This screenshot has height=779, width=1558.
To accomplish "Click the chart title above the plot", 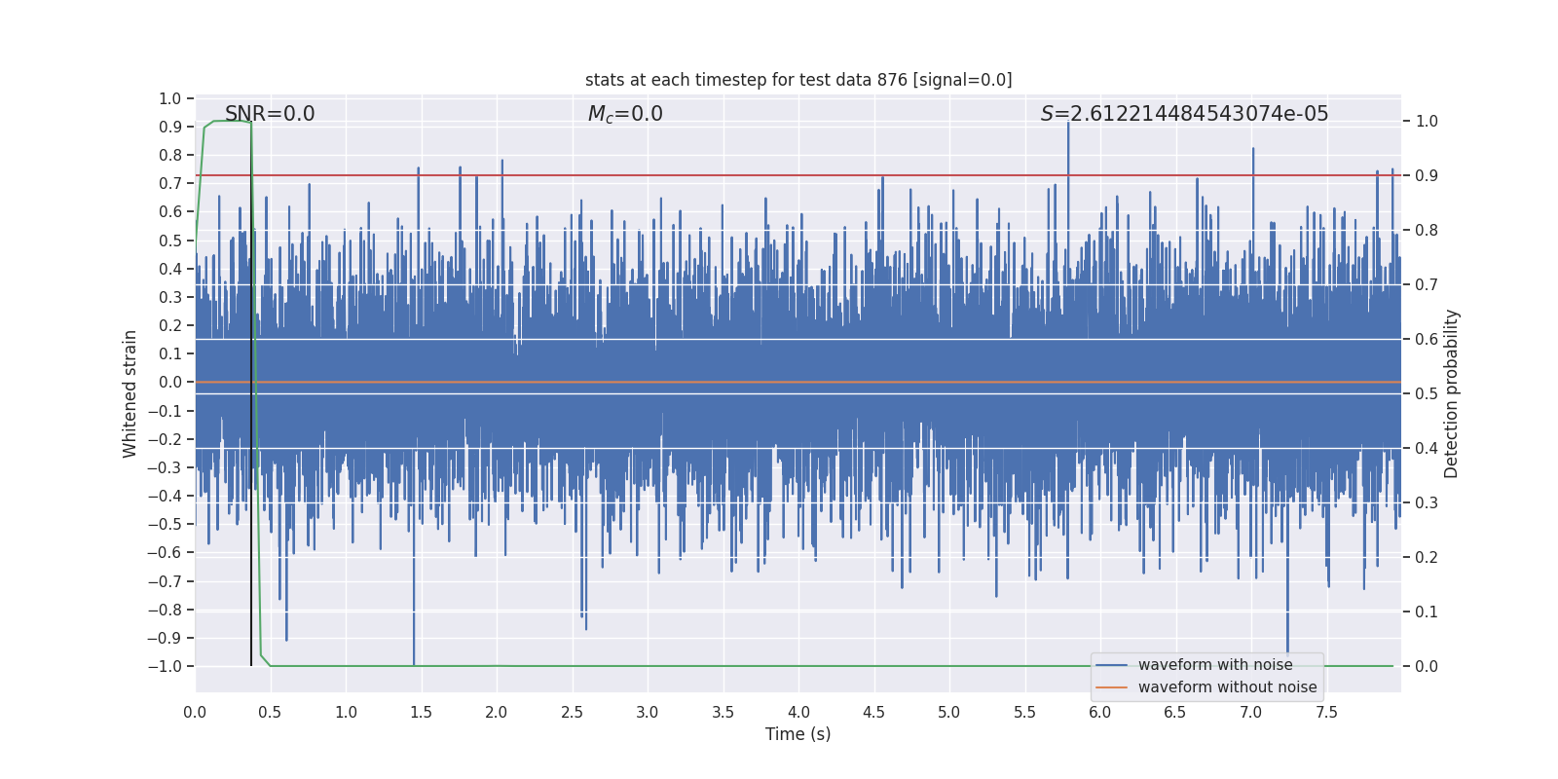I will [798, 80].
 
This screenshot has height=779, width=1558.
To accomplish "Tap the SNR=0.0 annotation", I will [270, 114].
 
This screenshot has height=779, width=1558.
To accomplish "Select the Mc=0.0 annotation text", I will [625, 114].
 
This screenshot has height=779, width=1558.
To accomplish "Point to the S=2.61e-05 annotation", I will [1184, 114].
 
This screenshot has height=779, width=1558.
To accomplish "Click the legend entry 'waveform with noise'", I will [1215, 665].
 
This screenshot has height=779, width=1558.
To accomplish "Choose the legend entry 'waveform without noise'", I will [1227, 687].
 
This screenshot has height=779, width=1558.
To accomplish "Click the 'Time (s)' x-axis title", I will [798, 734].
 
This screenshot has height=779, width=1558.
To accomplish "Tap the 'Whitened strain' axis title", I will [130, 393].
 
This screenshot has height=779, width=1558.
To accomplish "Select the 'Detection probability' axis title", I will [1452, 393].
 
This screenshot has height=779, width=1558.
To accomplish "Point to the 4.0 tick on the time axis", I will [798, 712].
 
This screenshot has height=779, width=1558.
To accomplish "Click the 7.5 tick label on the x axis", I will [1326, 712].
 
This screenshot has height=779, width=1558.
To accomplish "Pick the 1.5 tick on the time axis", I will [421, 712].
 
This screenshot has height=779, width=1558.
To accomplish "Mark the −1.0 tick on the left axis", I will [165, 667].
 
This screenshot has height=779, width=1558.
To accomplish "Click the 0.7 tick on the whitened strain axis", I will [170, 184].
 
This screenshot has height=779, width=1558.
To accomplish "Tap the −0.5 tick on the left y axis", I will [165, 525].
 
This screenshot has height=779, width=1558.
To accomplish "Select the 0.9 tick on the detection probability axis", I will [1427, 176].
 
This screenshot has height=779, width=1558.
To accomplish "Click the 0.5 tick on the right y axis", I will [1427, 394].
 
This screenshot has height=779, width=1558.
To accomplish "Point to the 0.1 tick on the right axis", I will [1427, 612].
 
